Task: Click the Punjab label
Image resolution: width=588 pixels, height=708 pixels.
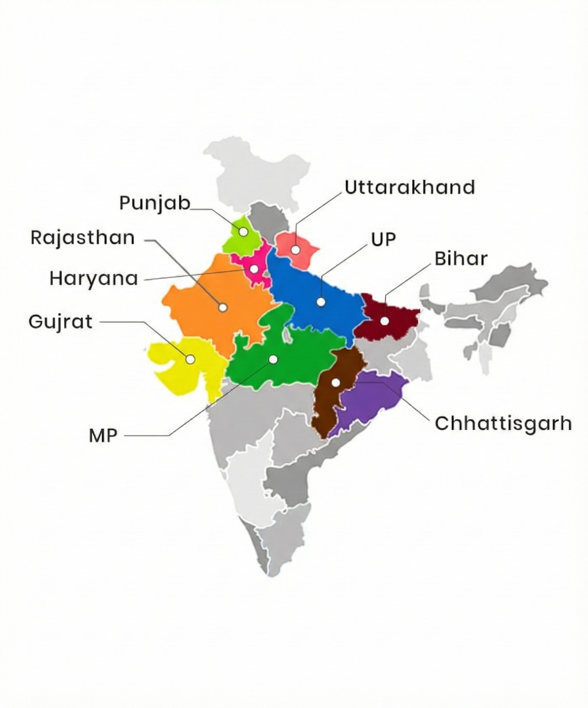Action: (x=155, y=203)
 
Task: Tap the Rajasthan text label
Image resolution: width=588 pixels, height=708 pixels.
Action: (x=83, y=238)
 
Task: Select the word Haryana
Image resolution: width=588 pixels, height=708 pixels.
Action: (x=94, y=279)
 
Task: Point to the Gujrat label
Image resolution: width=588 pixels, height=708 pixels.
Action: (x=60, y=322)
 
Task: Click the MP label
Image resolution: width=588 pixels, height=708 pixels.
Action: (x=103, y=436)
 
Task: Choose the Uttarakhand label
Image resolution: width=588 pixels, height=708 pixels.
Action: (x=410, y=188)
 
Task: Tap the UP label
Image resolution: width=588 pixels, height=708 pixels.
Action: (x=383, y=240)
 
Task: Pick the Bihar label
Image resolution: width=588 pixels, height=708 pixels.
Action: (x=461, y=259)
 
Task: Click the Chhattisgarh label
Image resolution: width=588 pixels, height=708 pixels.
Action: (x=503, y=424)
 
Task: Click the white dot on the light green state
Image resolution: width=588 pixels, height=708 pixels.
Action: (x=243, y=232)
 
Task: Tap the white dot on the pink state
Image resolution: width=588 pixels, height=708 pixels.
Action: (x=254, y=269)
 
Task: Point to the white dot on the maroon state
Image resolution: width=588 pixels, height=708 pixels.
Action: (x=384, y=321)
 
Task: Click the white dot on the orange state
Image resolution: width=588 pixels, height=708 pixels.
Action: (x=223, y=308)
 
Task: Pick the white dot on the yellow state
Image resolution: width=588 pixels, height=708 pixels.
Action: (x=190, y=359)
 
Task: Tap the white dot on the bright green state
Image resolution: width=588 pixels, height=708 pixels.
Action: (x=273, y=359)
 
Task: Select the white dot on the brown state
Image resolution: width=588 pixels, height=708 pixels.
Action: (x=335, y=383)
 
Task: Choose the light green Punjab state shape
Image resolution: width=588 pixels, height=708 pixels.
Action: (x=235, y=239)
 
